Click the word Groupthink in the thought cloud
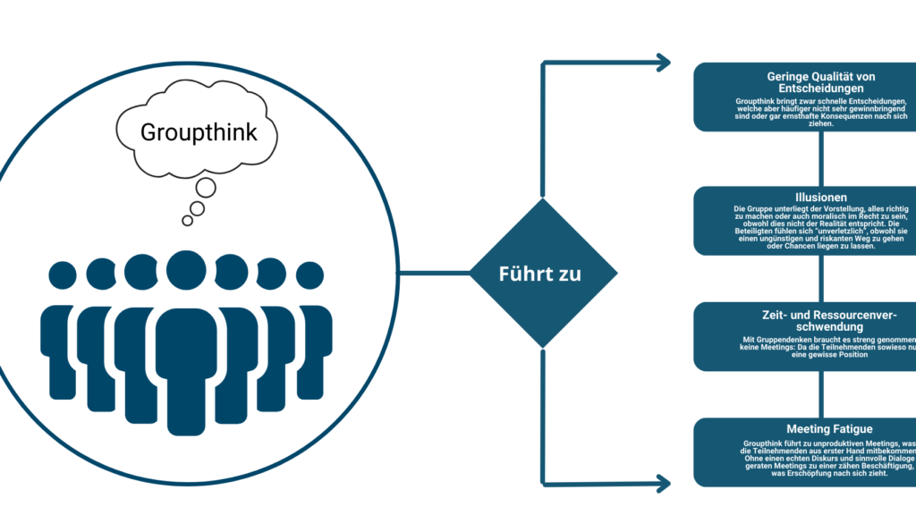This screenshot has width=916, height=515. click(199, 132)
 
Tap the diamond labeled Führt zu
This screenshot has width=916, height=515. click(539, 274)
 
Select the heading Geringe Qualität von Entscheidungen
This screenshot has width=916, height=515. click(820, 82)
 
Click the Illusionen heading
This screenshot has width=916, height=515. click(820, 196)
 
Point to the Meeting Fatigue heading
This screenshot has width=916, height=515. click(821, 429)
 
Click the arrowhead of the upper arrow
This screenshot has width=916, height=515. click(663, 63)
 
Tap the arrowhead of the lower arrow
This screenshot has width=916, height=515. click(663, 484)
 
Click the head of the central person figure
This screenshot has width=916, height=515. click(186, 269)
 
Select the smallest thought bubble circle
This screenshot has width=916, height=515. click(187, 221)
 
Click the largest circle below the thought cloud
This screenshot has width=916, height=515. click(207, 188)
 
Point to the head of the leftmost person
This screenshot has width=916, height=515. click(63, 276)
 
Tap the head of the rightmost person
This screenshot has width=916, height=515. click(310, 276)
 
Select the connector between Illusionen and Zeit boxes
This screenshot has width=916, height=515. click(821, 278)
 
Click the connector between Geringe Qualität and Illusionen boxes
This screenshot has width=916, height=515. click(821, 158)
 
